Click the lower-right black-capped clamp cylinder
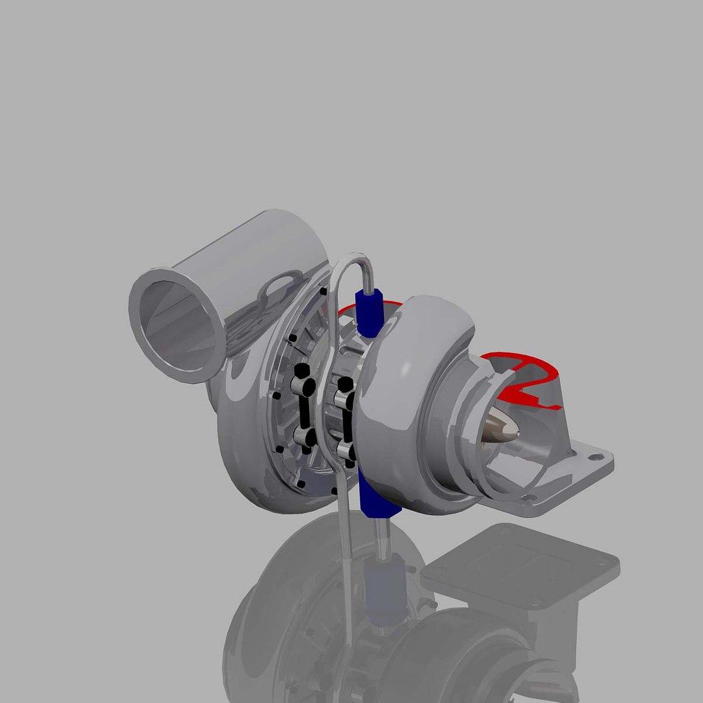345,449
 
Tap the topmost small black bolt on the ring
324,292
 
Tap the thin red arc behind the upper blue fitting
391,303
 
